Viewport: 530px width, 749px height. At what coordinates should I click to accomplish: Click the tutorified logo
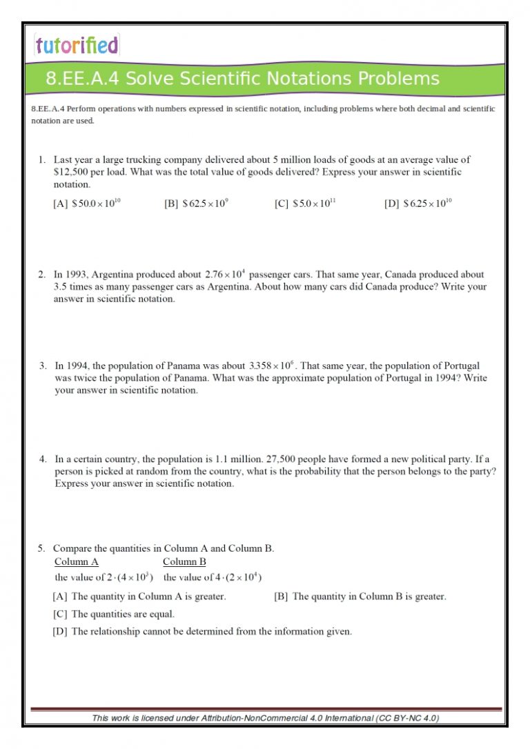click(77, 46)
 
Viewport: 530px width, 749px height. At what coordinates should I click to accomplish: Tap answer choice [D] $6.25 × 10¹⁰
click(418, 203)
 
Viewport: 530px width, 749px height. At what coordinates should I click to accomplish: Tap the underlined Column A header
click(76, 561)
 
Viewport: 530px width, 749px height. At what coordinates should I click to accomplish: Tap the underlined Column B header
click(184, 561)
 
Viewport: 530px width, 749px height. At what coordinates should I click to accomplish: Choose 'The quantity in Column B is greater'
click(360, 597)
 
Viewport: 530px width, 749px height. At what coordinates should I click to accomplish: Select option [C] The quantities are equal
click(114, 614)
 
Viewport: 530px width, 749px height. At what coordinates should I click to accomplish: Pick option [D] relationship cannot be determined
click(202, 631)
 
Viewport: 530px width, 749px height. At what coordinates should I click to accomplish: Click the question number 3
click(43, 366)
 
